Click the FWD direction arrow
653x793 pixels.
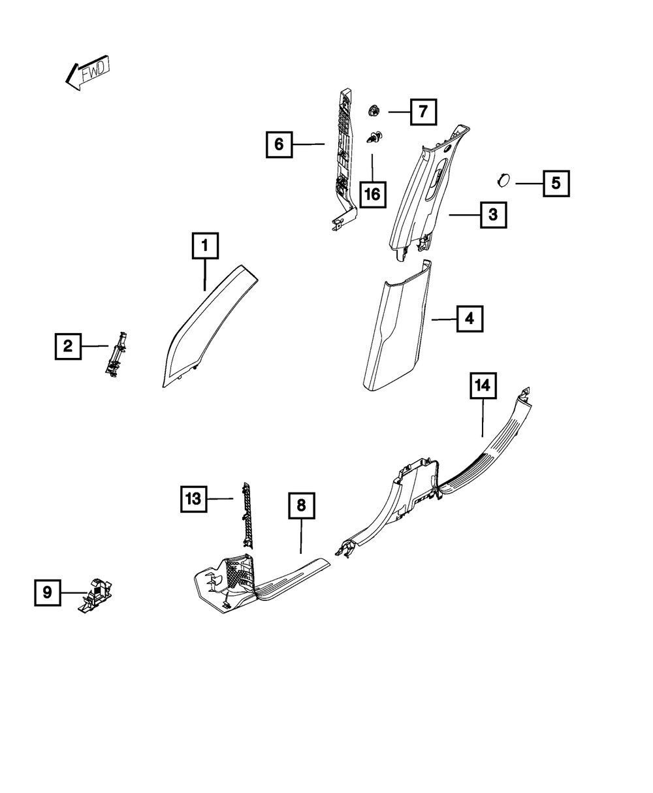pos(88,73)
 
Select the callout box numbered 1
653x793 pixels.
pos(205,246)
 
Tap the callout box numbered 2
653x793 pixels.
pos(68,346)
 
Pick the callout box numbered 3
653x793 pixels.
pos(494,214)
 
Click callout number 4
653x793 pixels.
pos(470,319)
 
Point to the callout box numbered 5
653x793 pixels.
pos(556,184)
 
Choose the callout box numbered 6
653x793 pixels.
pos(279,144)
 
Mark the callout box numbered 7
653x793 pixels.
pos(423,112)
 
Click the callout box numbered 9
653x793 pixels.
pos(48,592)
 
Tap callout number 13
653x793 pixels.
pos(194,500)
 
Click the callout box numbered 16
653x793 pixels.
pos(372,193)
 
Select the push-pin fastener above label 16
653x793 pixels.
pos(375,138)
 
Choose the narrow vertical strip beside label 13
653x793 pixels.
pos(247,515)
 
